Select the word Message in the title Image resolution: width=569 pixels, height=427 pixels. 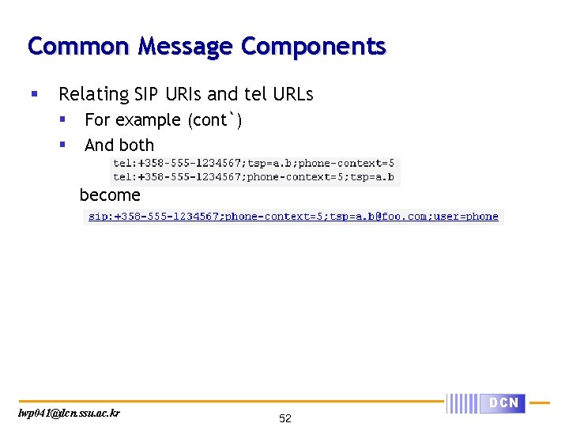click(185, 46)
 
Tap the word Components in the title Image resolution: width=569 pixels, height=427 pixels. click(313, 46)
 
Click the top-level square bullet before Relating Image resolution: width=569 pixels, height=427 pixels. click(33, 94)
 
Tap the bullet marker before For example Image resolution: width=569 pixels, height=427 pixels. click(62, 119)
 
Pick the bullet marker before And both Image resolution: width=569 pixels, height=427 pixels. click(62, 145)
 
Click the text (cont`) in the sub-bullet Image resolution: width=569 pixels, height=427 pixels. click(215, 120)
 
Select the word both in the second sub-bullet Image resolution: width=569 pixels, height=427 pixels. click(137, 145)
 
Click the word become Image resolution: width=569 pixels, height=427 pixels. click(110, 195)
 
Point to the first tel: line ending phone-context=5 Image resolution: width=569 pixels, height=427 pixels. click(254, 164)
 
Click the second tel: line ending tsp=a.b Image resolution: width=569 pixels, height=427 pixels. click(254, 177)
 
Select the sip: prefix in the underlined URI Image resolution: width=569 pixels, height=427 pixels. click(99, 217)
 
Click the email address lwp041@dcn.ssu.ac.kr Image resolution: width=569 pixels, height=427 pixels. click(69, 413)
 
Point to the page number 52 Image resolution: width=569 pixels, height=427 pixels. click(285, 418)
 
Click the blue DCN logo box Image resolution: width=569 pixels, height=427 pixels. click(503, 403)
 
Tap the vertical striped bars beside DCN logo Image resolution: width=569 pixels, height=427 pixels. click(462, 403)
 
